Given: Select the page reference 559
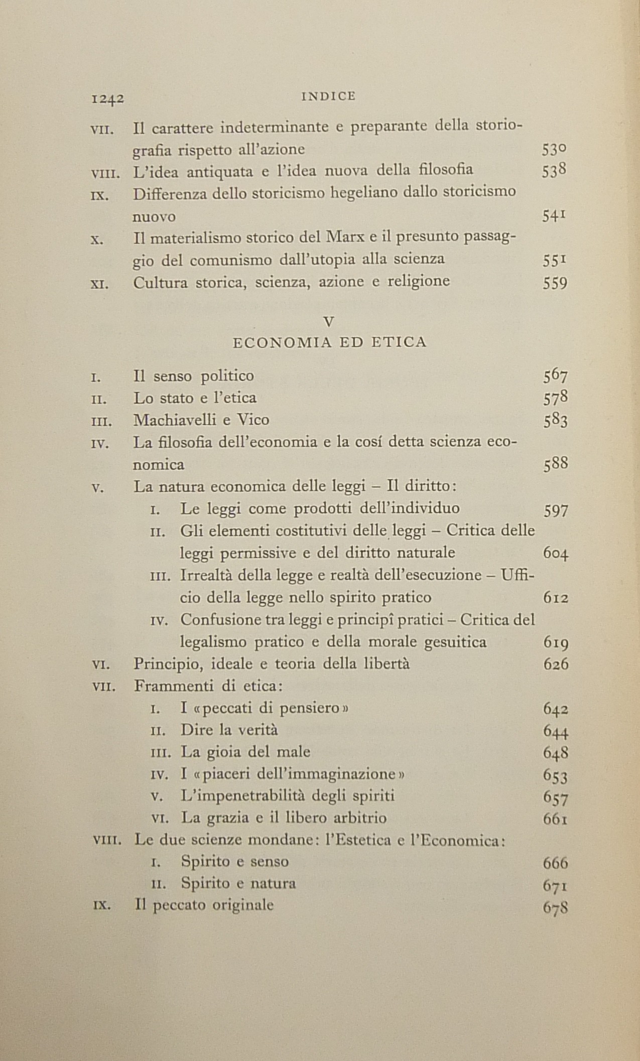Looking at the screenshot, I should point(555,284).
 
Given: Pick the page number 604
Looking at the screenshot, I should point(556,554).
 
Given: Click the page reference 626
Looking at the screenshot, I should point(556,665).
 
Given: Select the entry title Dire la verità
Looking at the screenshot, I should point(229,730).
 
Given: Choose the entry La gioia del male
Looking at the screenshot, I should point(245,752).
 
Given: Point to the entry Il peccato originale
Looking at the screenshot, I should point(204,905).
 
